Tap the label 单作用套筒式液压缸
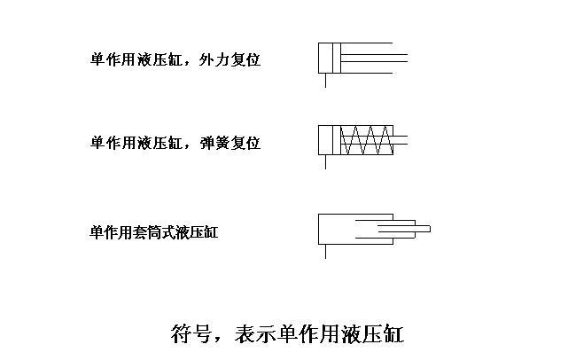pyautogui.click(x=153, y=233)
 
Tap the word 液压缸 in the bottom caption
pyautogui.click(x=371, y=335)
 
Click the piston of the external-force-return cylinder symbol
pyautogui.click(x=334, y=58)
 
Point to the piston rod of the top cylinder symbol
pyautogui.click(x=372, y=58)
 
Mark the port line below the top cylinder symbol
pyautogui.click(x=325, y=80)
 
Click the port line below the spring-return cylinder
pyautogui.click(x=325, y=162)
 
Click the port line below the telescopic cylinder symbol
pyautogui.click(x=325, y=251)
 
